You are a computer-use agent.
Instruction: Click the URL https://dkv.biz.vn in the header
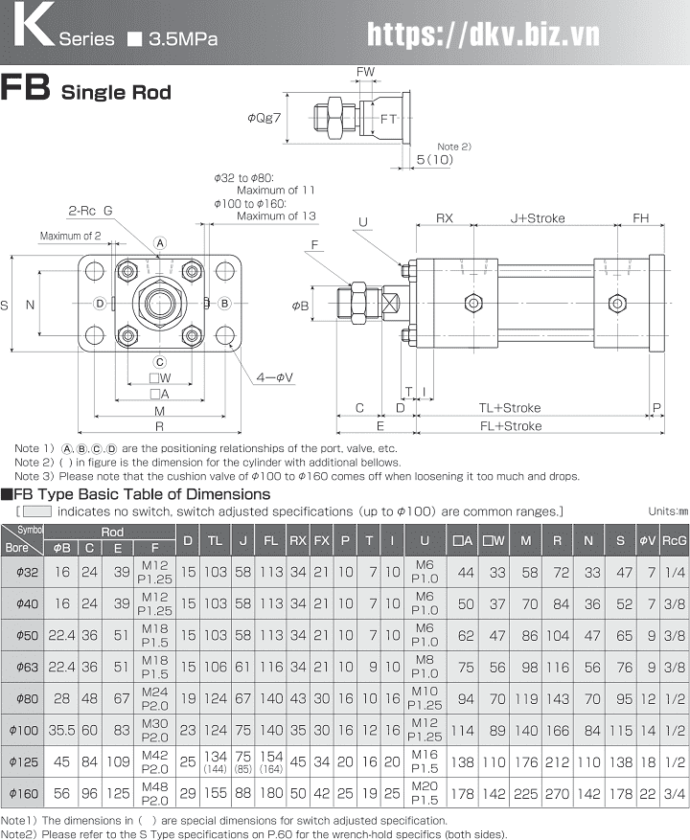484,34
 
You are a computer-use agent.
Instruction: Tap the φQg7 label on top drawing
264,118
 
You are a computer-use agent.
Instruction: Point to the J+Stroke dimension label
537,218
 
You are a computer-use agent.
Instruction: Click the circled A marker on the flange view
161,242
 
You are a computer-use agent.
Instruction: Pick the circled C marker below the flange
161,362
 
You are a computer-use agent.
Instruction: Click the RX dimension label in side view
445,218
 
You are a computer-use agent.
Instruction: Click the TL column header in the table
216,541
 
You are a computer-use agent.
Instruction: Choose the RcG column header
675,541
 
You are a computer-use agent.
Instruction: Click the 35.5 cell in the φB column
62,730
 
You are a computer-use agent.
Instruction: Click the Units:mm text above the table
668,511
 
